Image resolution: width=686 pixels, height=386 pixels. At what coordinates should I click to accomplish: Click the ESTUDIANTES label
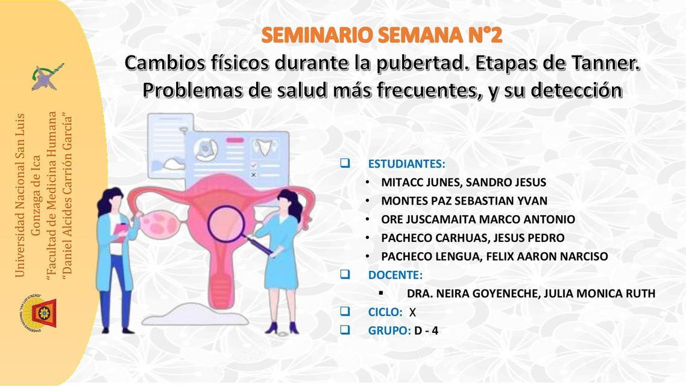click(407, 163)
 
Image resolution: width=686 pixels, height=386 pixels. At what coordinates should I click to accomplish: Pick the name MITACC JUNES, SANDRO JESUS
click(464, 182)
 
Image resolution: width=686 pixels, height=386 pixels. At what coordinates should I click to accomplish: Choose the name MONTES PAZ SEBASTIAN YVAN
click(464, 201)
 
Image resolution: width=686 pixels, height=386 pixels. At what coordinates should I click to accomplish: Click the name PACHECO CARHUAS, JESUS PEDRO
click(473, 238)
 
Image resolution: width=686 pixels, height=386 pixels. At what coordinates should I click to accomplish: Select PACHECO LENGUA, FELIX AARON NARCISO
click(494, 256)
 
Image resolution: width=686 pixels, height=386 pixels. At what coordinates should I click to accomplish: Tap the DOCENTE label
click(395, 275)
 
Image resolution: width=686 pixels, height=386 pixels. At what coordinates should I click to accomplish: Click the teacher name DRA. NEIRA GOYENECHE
click(530, 294)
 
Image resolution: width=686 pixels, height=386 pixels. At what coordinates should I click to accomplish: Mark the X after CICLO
click(412, 312)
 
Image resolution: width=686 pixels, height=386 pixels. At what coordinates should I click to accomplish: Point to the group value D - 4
click(426, 331)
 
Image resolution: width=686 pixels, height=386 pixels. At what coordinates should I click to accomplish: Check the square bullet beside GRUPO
click(345, 330)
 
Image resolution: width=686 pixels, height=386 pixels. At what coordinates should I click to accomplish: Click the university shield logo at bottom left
click(40, 312)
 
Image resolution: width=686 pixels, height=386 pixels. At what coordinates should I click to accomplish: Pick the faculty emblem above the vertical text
click(48, 77)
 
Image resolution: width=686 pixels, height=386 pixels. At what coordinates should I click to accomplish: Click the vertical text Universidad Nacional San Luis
click(20, 196)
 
